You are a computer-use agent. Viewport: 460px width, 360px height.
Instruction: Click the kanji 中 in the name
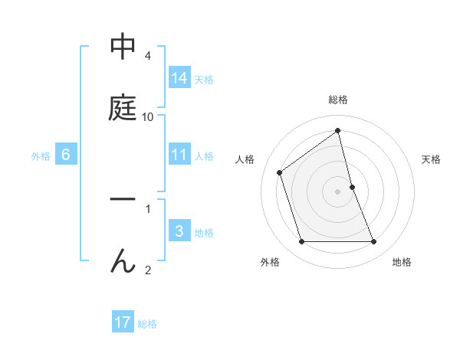[123, 47]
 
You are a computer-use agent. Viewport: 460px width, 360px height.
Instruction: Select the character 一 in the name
[123, 200]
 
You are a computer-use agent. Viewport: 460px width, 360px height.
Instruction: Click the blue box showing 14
[179, 77]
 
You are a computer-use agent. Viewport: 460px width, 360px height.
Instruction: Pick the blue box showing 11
[179, 155]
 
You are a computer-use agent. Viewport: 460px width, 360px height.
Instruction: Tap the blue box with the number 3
[179, 231]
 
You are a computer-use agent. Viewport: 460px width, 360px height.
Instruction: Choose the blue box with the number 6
[66, 155]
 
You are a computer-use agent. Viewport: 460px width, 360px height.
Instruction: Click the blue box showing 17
[123, 322]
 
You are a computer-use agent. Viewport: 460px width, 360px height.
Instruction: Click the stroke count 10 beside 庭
[148, 117]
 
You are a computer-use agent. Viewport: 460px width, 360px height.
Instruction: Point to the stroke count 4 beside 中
[148, 56]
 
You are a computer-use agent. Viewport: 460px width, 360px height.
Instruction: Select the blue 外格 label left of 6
[41, 155]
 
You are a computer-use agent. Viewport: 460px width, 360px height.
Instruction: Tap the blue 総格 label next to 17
[147, 324]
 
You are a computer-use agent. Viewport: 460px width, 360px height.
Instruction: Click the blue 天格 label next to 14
[204, 79]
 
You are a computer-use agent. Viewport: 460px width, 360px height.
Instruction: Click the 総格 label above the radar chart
[338, 100]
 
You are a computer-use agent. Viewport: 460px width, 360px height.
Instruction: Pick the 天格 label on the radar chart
[431, 159]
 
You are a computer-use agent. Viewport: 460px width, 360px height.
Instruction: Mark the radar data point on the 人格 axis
[280, 172]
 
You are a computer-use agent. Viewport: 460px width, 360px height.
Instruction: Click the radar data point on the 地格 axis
[374, 242]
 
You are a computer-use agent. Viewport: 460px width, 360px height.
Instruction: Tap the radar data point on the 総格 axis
[338, 130]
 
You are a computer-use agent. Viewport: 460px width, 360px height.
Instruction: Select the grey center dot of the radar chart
[338, 191]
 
